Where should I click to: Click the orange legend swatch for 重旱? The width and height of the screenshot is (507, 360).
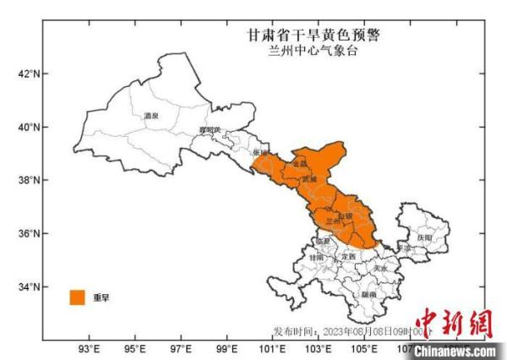click(78, 297)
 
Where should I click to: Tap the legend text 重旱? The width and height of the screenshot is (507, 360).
click(101, 297)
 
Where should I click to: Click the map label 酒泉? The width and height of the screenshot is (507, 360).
click(152, 115)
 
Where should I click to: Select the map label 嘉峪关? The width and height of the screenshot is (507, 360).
click(209, 129)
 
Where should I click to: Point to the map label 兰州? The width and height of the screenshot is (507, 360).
click(332, 221)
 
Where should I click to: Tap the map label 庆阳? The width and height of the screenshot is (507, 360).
click(424, 239)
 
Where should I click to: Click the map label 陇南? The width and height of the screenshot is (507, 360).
click(368, 294)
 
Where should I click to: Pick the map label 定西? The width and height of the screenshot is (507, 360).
click(347, 256)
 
